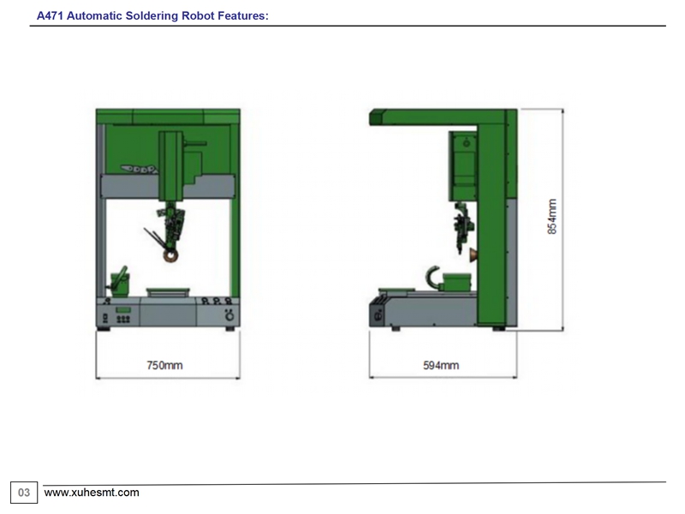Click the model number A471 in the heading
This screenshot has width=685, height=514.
[50, 15]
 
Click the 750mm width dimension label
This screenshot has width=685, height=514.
[164, 366]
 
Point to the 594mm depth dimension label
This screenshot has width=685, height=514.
[441, 366]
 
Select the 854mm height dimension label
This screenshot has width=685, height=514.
[552, 217]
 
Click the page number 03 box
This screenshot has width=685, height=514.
[24, 493]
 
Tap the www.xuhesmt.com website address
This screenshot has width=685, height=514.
[92, 493]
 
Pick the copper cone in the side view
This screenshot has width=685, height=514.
[474, 255]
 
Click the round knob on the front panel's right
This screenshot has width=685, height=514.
[229, 315]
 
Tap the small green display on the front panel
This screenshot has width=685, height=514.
[123, 310]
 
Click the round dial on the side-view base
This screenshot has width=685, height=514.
[378, 314]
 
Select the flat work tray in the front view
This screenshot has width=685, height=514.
[168, 291]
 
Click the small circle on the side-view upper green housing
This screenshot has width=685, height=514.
[467, 143]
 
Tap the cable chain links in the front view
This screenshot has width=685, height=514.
[139, 169]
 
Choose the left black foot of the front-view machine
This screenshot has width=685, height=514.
[104, 329]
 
